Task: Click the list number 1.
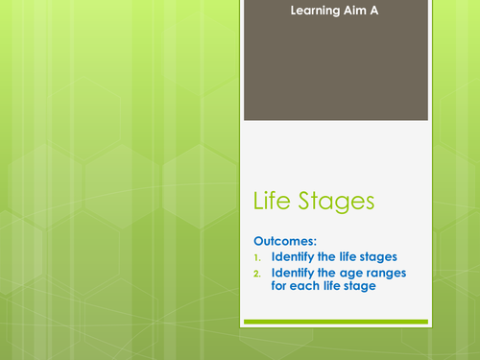point(258,258)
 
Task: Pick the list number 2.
point(258,275)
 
